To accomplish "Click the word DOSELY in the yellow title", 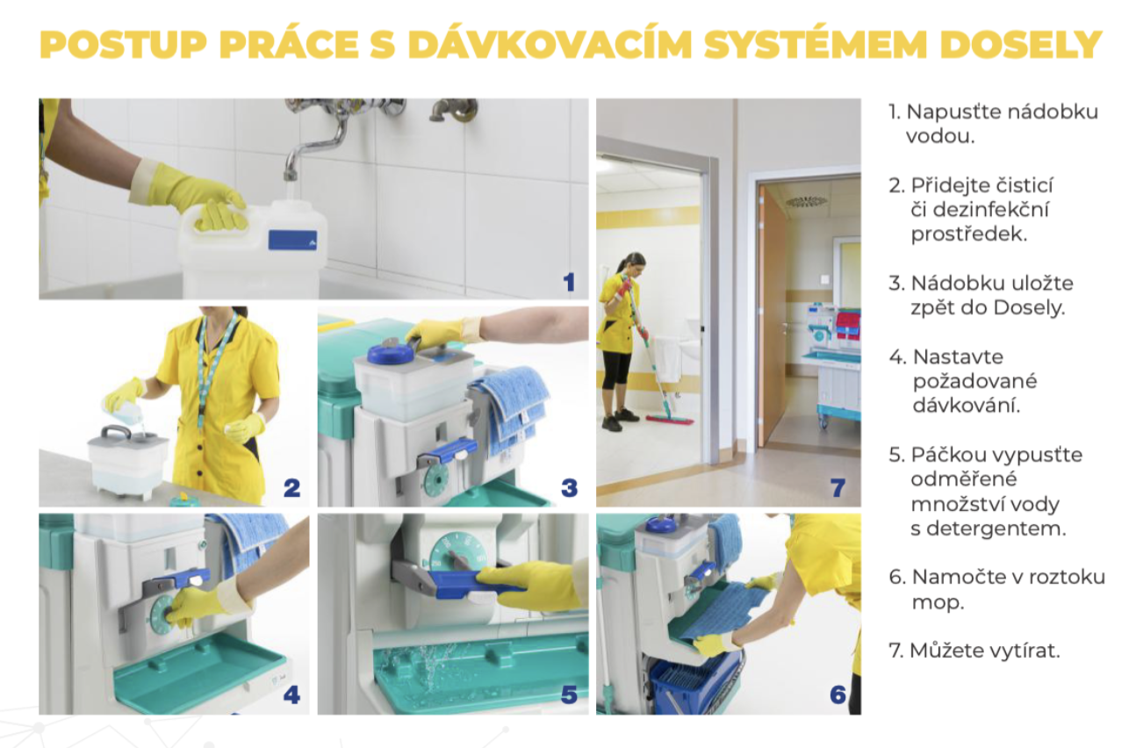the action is (x=1021, y=45).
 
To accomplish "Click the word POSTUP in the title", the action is (x=124, y=45).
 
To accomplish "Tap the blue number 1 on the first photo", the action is (x=569, y=282).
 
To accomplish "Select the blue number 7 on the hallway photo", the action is (x=838, y=488).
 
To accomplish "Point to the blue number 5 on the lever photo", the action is (x=569, y=694).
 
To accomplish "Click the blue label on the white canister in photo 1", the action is (x=292, y=240).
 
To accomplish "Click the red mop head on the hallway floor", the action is (x=670, y=419).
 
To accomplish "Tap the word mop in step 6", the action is (x=938, y=603).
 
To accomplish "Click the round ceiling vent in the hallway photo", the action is (x=807, y=202).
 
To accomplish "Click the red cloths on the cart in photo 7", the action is (x=847, y=326).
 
